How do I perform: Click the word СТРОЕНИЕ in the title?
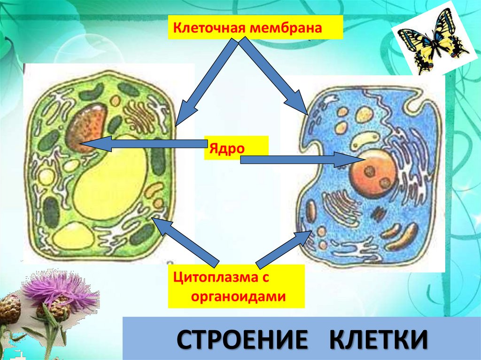[x=238, y=339]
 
